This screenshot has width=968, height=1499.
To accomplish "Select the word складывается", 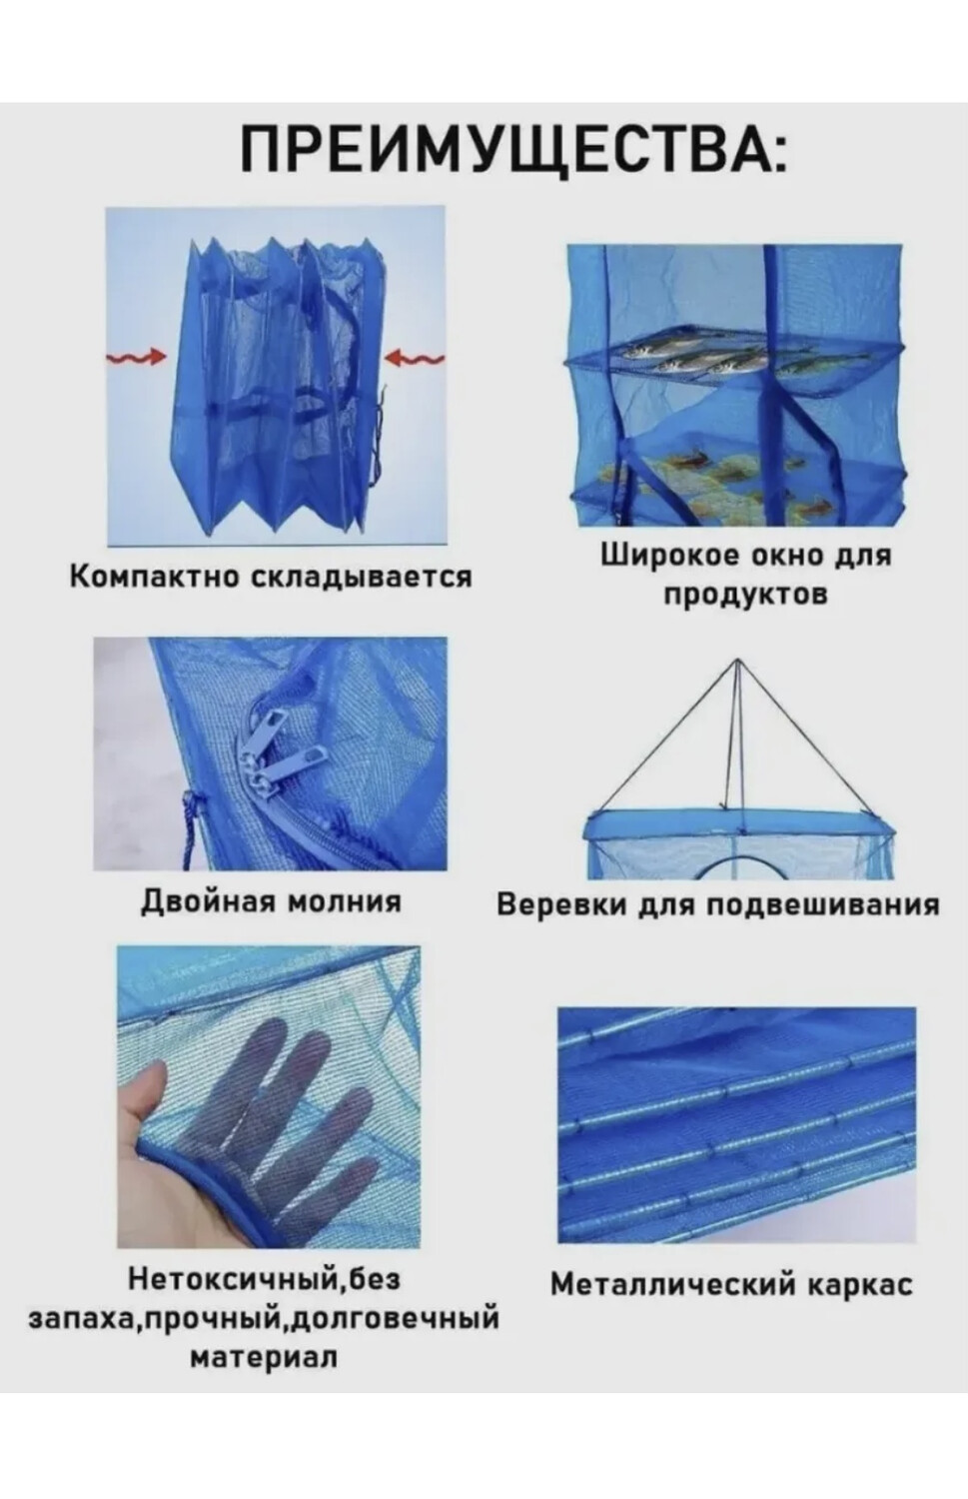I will point(359,577).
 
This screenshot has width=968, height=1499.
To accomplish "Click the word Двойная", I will point(207,901).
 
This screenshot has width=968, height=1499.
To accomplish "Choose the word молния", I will point(345,901).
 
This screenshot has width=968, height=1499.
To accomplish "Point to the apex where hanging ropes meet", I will point(737,663).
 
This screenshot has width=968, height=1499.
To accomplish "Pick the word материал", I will point(264,1357).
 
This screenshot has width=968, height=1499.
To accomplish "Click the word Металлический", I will point(671,1283).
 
